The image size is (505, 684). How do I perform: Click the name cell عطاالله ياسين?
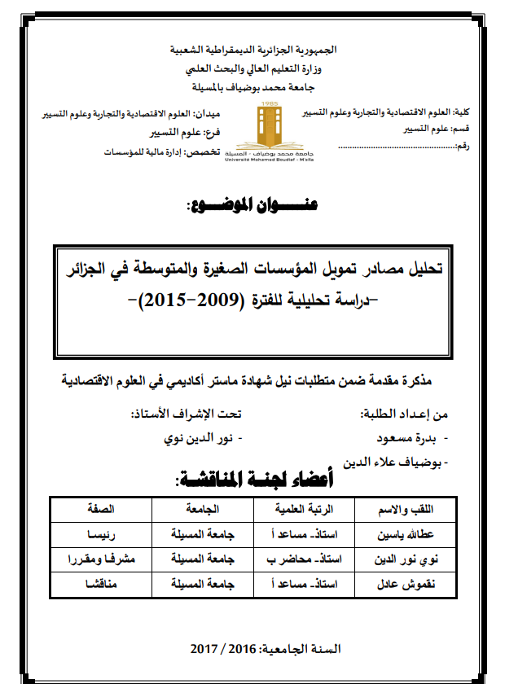[x=420, y=537]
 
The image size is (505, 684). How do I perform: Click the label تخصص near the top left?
[x=213, y=152]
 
